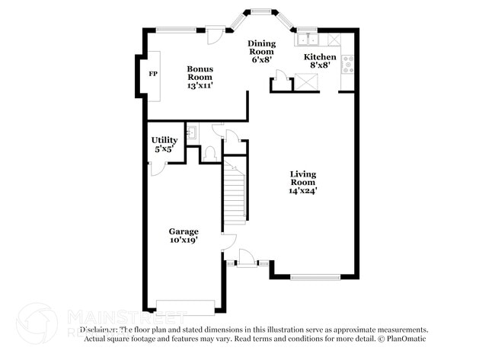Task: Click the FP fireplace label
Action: pos(152,74)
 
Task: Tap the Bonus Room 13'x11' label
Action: pos(200,77)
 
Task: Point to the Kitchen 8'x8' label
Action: pos(320,62)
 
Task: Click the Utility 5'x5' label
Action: pos(164,145)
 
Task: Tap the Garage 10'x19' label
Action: pos(184,235)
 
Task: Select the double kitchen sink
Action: pos(308,40)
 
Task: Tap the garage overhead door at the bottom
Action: pos(185,307)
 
